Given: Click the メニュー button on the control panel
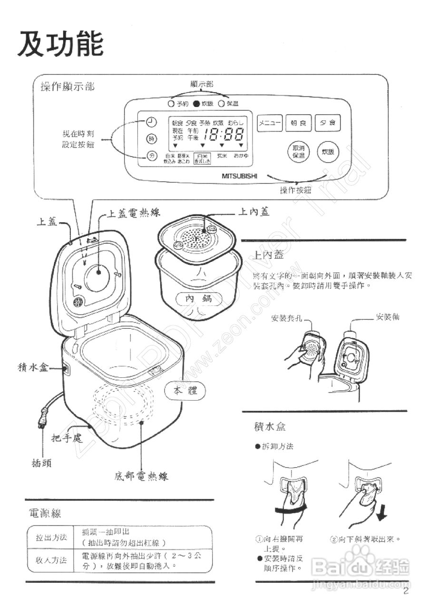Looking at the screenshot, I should (270, 123).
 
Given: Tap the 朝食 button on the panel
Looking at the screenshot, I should (299, 123).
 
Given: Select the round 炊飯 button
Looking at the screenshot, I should (328, 152).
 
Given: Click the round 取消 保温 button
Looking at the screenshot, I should (299, 152).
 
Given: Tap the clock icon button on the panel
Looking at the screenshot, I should (151, 122).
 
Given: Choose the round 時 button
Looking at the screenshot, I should (151, 139).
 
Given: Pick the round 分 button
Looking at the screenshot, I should (151, 156).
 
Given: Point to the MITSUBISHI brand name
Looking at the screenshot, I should (239, 176).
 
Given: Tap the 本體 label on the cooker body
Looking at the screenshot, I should (185, 391).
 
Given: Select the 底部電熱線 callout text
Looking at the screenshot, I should (141, 475).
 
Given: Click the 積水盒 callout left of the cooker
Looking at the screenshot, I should (32, 367).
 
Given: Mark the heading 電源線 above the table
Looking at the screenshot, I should (45, 513).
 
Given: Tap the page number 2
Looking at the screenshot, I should (406, 591).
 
